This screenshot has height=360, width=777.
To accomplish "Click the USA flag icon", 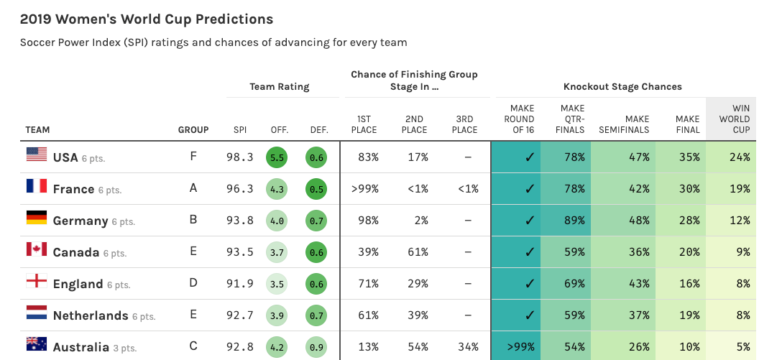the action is click(37, 154).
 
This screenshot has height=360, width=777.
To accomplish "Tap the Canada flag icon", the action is click(37, 249).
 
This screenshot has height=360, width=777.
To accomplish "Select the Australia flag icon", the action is click(37, 343).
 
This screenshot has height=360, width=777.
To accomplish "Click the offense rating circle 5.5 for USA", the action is click(277, 157).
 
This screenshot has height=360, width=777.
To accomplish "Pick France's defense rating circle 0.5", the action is click(316, 189).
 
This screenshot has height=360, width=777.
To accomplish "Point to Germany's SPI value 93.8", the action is click(240, 221).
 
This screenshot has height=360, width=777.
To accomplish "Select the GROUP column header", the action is click(193, 130).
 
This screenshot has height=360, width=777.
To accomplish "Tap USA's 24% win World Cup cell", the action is click(732, 157).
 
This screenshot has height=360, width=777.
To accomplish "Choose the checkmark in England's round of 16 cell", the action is click(530, 284).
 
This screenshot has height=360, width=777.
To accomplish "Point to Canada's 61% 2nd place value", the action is click(418, 252).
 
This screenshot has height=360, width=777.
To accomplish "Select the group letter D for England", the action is click(193, 283).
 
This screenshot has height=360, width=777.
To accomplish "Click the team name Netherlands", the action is click(91, 315).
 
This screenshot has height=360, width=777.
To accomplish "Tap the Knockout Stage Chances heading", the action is click(622, 87).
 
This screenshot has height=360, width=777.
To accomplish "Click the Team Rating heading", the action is click(280, 87).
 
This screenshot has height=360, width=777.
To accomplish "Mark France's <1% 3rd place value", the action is click(468, 189).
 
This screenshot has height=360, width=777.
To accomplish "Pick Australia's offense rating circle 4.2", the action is click(277, 347).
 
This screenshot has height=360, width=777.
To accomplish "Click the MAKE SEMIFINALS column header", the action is click(624, 124).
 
